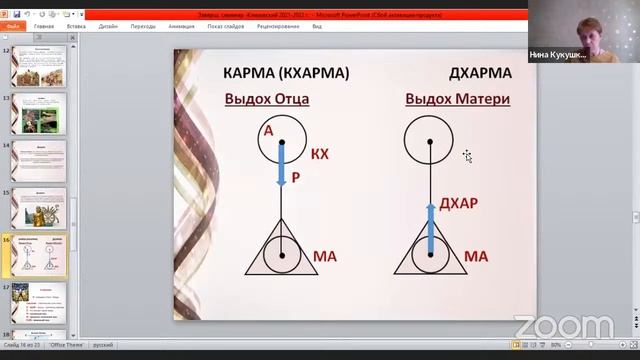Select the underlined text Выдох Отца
(266, 99)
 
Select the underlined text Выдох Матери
(458, 99)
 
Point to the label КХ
(319, 154)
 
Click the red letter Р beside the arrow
(296, 177)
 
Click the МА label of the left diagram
(325, 257)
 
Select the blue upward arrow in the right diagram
(430, 225)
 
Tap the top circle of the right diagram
(430, 142)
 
